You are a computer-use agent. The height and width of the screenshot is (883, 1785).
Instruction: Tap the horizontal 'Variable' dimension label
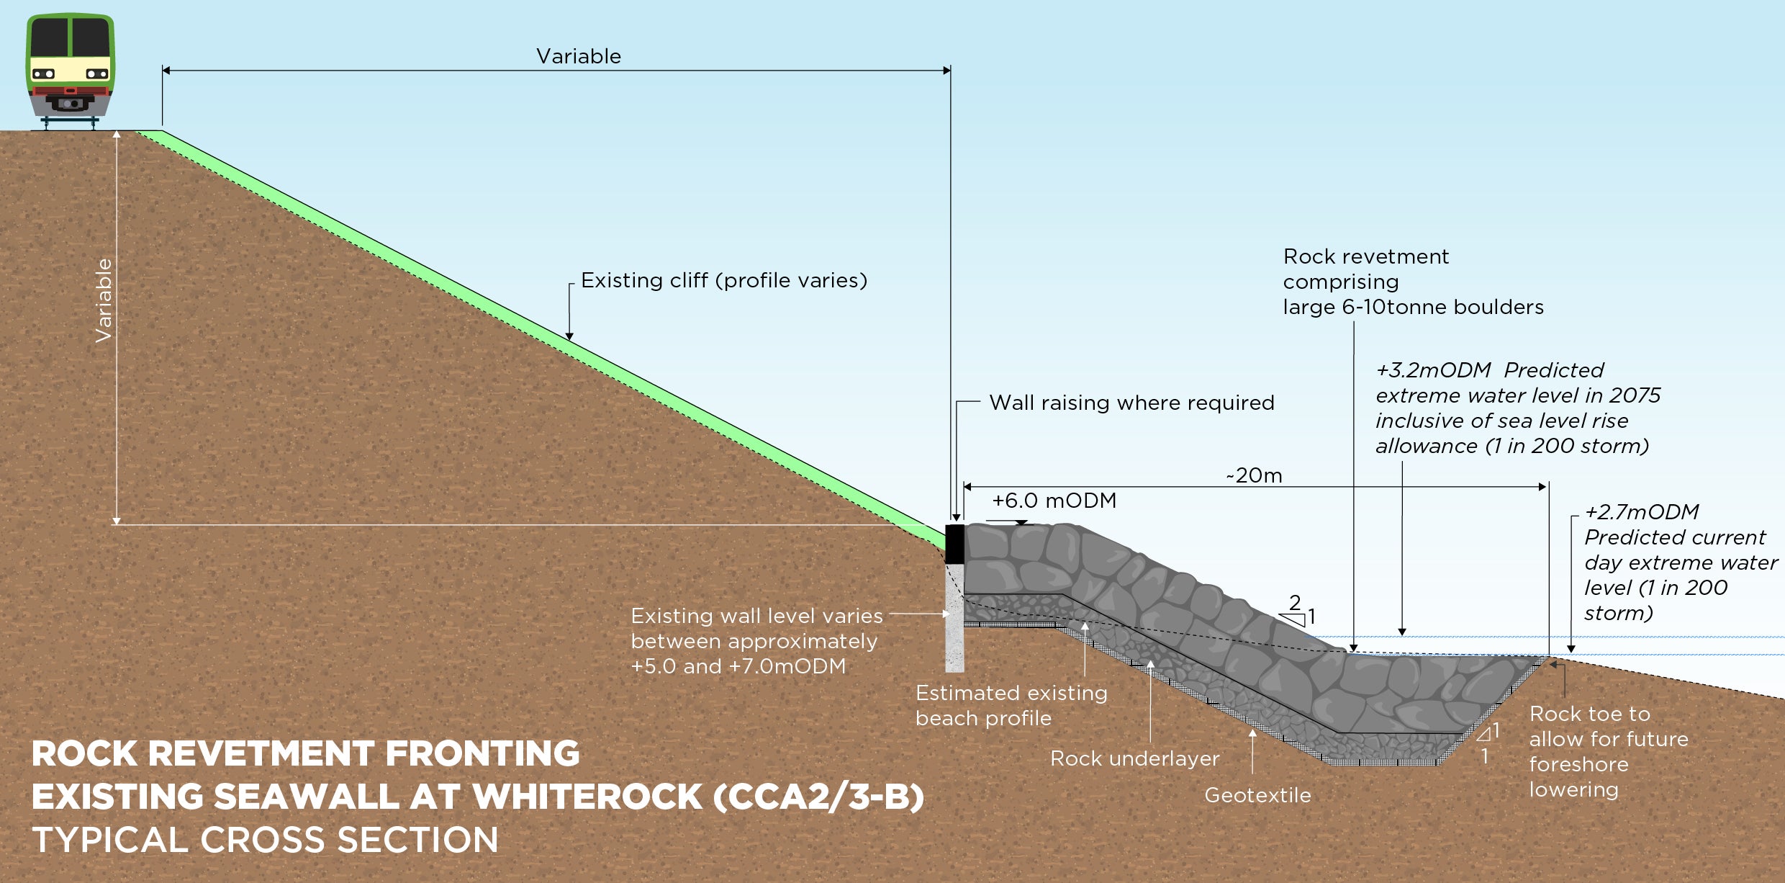[578, 56]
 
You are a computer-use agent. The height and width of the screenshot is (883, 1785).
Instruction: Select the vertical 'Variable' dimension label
[104, 300]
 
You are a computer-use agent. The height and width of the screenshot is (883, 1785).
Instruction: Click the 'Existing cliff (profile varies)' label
[723, 280]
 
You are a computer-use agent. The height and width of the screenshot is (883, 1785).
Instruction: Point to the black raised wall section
[954, 544]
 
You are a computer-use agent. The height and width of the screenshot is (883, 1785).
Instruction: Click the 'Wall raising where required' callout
[1131, 403]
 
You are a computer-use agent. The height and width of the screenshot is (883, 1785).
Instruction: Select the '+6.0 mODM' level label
[1054, 501]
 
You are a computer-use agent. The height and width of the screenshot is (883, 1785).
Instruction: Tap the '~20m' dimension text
[1255, 475]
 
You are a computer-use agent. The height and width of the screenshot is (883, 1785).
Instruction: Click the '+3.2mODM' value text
[1432, 370]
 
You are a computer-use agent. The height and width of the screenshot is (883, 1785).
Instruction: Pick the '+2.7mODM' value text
[1641, 512]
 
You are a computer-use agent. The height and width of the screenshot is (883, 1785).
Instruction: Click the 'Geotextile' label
[1257, 795]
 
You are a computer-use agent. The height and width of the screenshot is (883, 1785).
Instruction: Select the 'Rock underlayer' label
[1134, 758]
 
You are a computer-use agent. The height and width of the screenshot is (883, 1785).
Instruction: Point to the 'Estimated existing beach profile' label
[1011, 705]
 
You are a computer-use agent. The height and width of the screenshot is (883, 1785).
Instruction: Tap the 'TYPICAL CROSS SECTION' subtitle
[265, 841]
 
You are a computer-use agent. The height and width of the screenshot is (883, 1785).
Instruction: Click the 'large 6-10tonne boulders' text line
[1413, 308]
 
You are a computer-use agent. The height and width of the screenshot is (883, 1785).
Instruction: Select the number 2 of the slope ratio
[1295, 602]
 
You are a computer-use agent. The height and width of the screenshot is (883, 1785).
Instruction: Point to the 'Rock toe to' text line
[1589, 714]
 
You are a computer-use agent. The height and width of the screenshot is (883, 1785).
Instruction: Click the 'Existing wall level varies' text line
[756, 616]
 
